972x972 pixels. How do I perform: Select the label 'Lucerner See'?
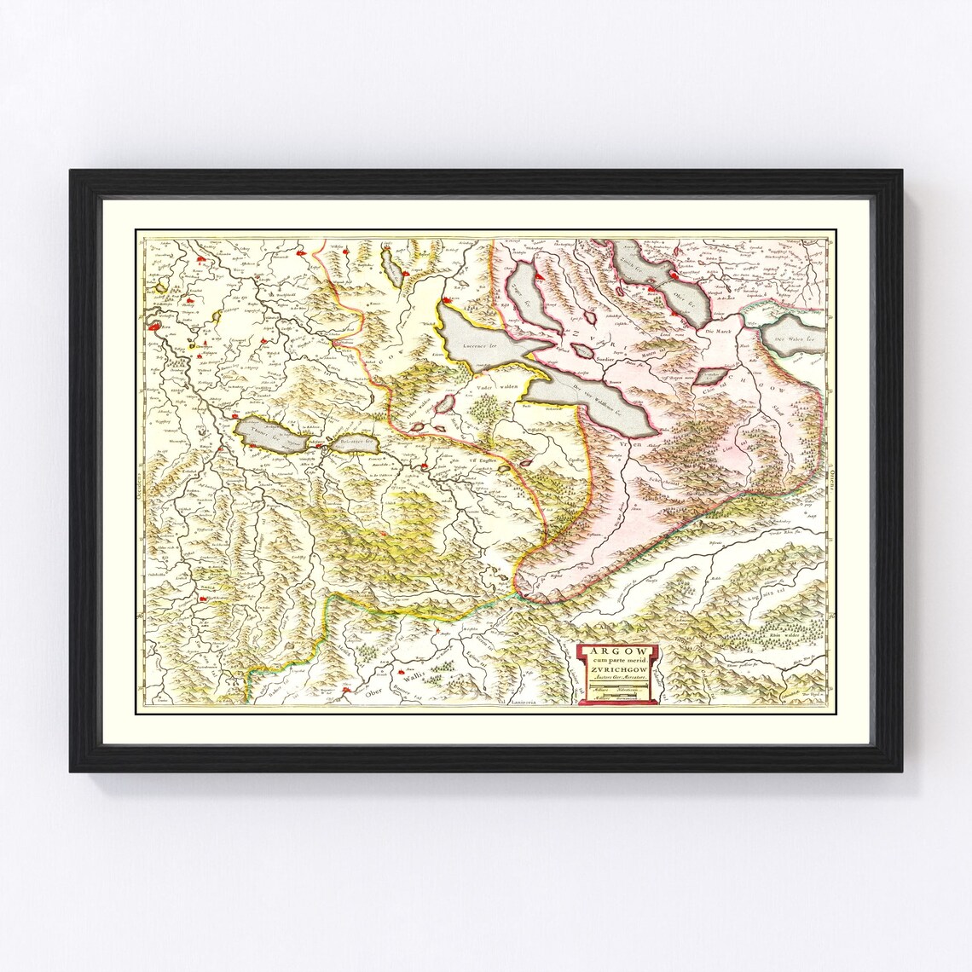[478, 347]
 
